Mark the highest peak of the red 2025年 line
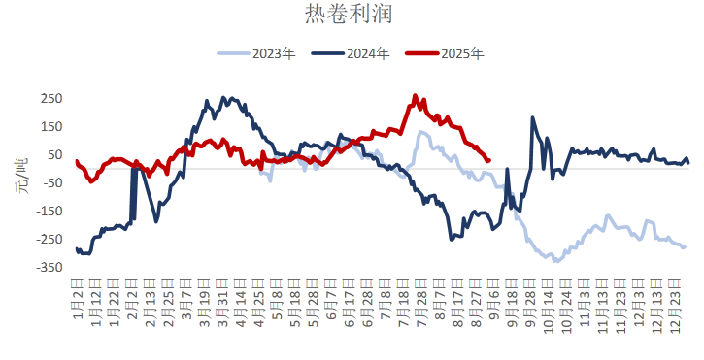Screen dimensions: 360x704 click(x=416, y=95)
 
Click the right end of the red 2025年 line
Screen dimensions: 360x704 click(x=488, y=160)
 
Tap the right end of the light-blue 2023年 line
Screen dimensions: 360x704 click(x=685, y=247)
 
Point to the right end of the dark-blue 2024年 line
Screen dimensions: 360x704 click(x=688, y=162)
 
